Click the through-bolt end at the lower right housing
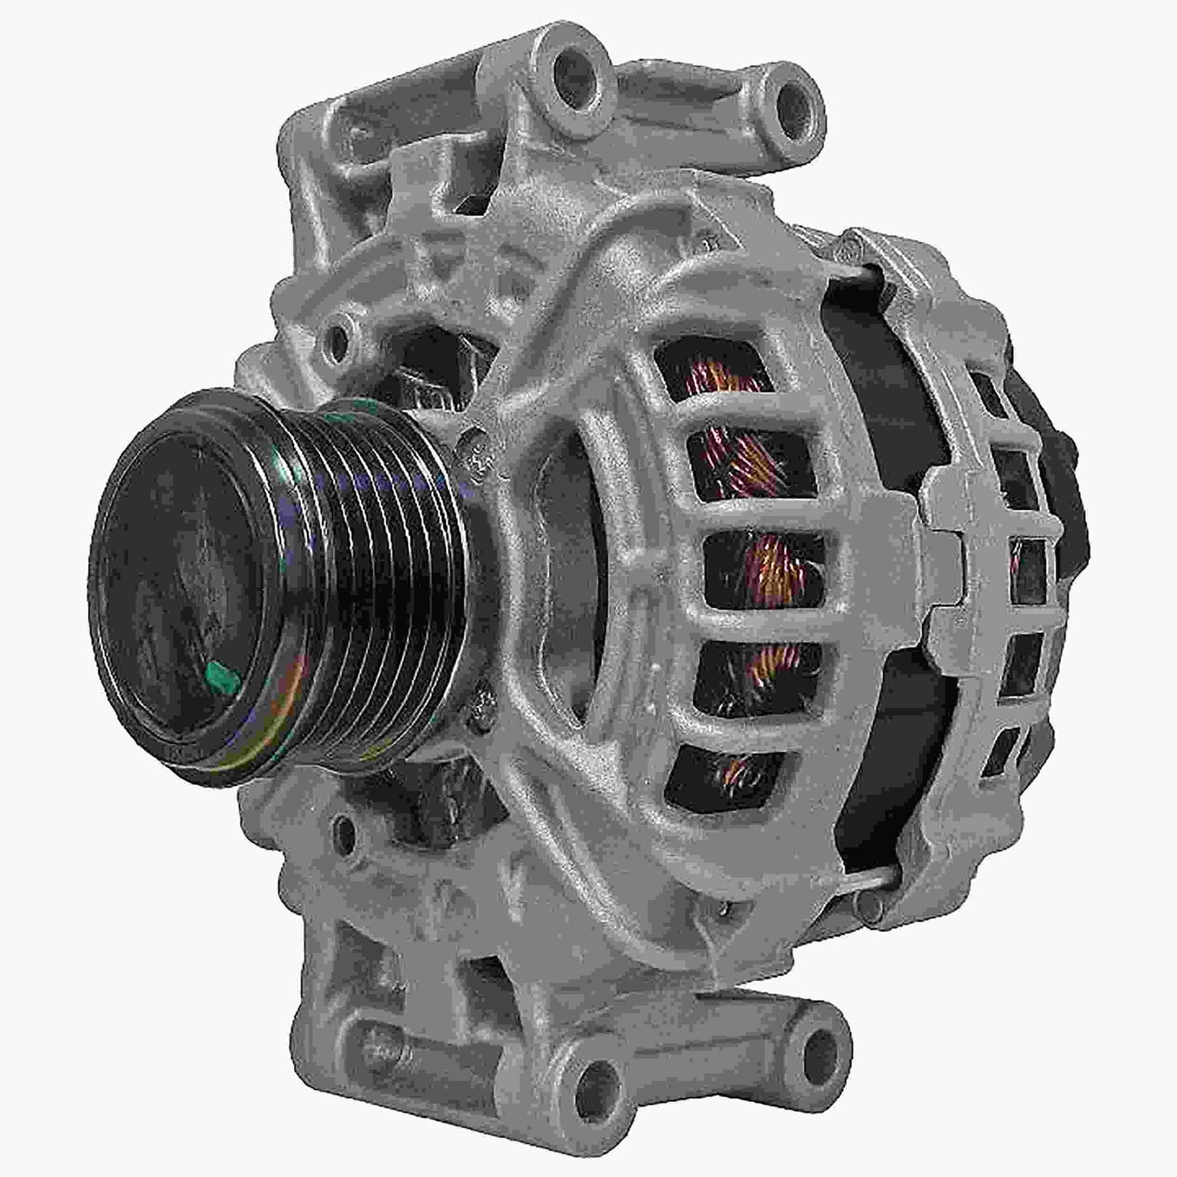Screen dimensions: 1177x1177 pos(873,898)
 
